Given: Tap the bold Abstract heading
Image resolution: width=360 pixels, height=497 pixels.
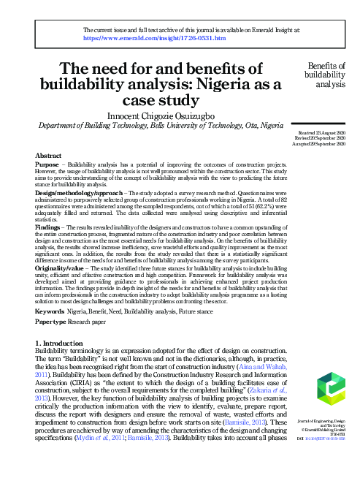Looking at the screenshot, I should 48,156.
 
